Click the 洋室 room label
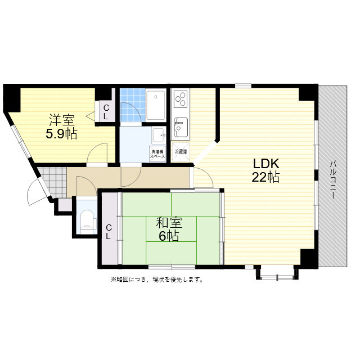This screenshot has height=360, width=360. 62,120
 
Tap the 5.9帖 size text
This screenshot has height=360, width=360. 62,134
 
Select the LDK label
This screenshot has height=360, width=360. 266,164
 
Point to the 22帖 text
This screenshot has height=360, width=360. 266,178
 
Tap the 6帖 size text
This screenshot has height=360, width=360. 168,236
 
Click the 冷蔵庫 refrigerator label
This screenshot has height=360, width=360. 181,152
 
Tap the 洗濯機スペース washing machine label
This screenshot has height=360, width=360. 157,153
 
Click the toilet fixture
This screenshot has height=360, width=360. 87,220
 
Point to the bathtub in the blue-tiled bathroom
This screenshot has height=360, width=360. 156,104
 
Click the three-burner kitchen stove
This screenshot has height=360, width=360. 181,100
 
